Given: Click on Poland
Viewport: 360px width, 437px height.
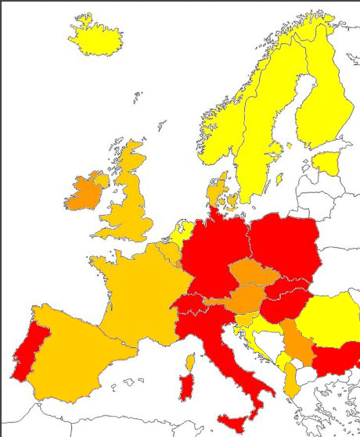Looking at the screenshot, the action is tap(285, 246).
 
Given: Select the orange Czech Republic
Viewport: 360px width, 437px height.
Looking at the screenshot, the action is tap(250, 277).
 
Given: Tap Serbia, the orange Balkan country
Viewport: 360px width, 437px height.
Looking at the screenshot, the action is tap(297, 344).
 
